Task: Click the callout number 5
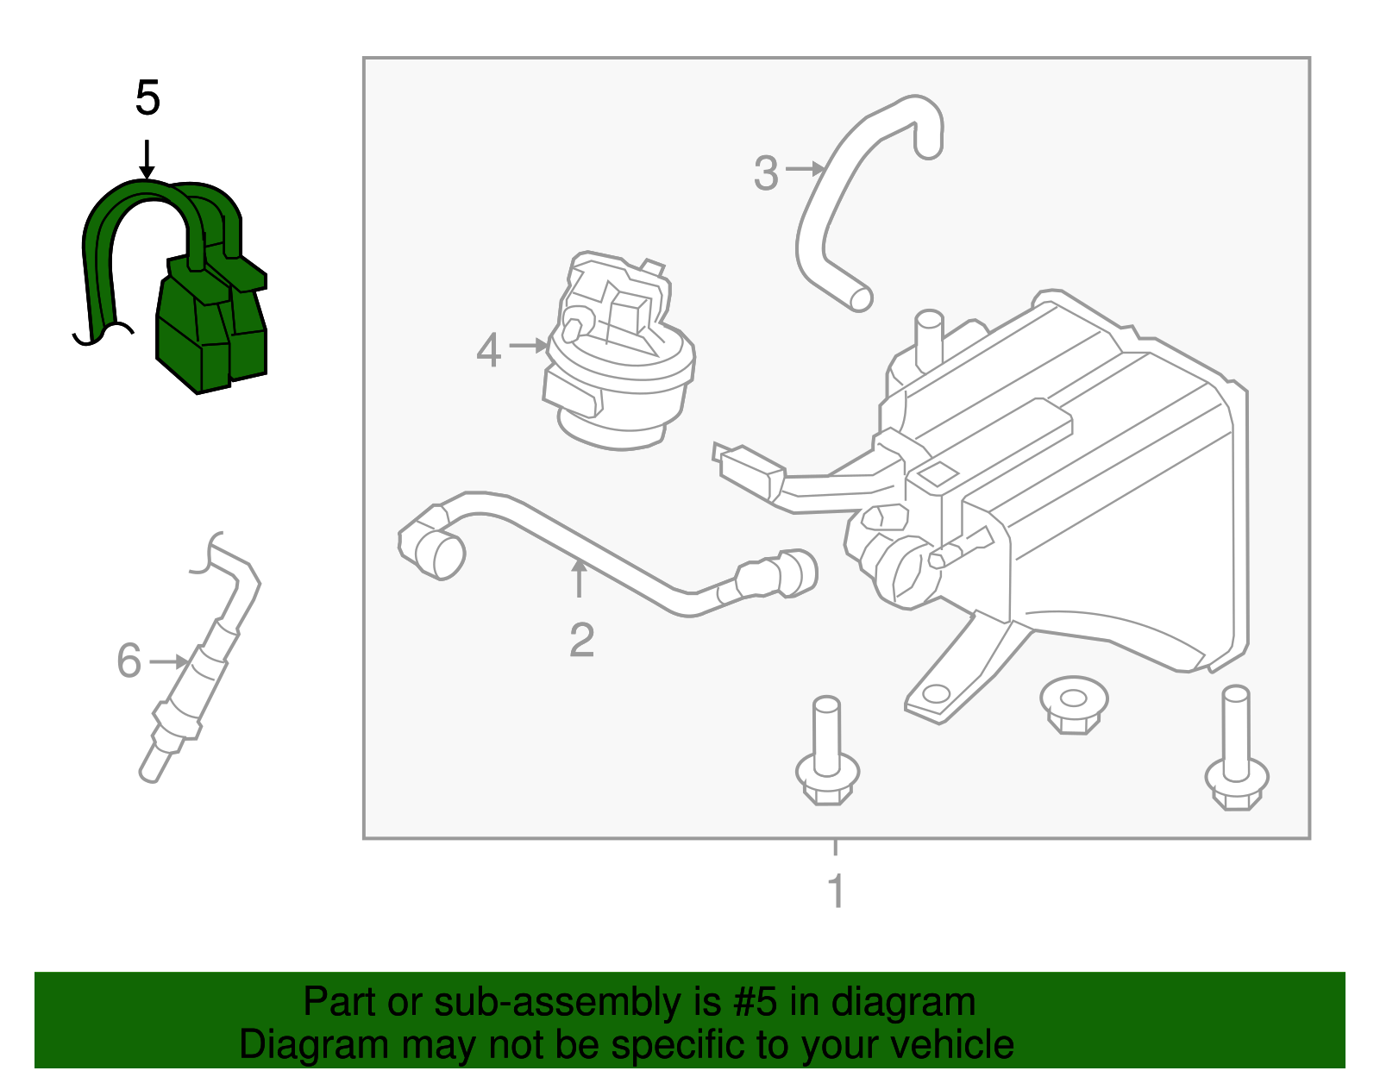(147, 98)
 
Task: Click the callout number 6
(129, 661)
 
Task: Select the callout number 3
(766, 173)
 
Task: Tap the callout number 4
(488, 350)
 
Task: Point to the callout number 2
(581, 641)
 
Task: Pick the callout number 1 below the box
(835, 891)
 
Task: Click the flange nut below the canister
(1073, 703)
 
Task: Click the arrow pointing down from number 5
(147, 160)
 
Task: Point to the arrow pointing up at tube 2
(579, 578)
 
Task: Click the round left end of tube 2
(440, 554)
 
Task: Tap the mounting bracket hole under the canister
(935, 694)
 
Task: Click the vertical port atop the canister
(928, 336)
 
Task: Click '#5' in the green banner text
(756, 1002)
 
